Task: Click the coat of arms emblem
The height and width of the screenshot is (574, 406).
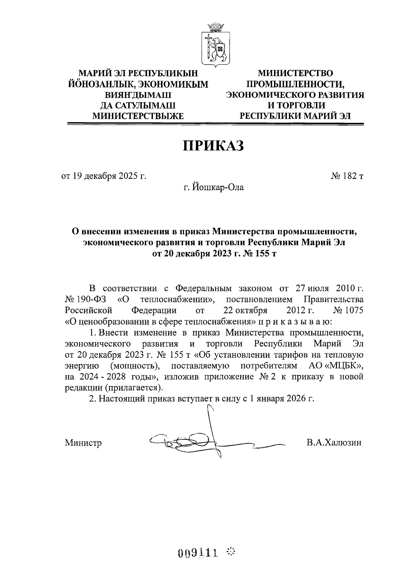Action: pyautogui.click(x=216, y=44)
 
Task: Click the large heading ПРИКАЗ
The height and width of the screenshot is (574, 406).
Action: pyautogui.click(x=213, y=146)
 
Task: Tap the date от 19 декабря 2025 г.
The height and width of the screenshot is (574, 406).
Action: pyautogui.click(x=104, y=176)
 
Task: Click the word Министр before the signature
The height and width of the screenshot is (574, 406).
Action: pyautogui.click(x=83, y=443)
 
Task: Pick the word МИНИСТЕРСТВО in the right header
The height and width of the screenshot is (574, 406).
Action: pyautogui.click(x=295, y=73)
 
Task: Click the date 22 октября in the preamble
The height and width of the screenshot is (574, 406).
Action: pyautogui.click(x=245, y=310)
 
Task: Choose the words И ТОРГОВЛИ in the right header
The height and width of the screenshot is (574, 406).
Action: pyautogui.click(x=295, y=105)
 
